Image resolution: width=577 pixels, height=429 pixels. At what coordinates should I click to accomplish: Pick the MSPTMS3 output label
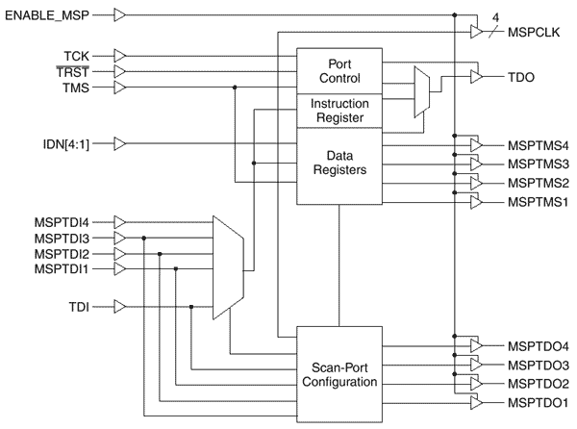click(x=538, y=163)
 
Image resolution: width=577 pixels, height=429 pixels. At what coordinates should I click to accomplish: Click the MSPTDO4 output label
click(x=538, y=346)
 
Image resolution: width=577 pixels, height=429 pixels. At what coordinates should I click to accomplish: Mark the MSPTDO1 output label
click(x=538, y=402)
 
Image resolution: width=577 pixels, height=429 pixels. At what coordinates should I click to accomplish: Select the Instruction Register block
click(x=339, y=109)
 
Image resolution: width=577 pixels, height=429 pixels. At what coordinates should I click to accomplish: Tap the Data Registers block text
click(x=339, y=160)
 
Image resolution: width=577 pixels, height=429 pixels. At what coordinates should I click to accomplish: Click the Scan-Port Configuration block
click(x=339, y=373)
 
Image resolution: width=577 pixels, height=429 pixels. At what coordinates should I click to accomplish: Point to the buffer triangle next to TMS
click(x=120, y=88)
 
